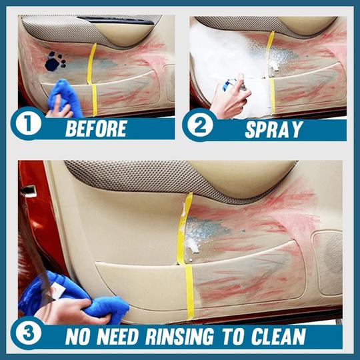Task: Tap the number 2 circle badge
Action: coord(200,125)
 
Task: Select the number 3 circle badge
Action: coord(28,333)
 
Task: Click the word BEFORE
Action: coord(96,129)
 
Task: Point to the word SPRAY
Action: coord(274,130)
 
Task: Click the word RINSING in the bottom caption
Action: coord(179,337)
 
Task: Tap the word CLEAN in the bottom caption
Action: coord(279,337)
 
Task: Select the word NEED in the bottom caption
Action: coord(117,337)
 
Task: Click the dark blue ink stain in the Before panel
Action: coord(55,61)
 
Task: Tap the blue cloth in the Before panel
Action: coord(65,97)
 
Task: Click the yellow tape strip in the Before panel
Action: coord(92,79)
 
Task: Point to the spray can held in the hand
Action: coord(233,85)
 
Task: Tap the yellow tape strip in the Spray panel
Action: coord(271,72)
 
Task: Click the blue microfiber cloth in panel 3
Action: coord(73,296)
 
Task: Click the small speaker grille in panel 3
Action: coord(327,263)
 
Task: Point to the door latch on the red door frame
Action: coord(29,191)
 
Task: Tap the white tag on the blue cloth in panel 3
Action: coord(57,290)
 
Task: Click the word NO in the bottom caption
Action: coord(77,337)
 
